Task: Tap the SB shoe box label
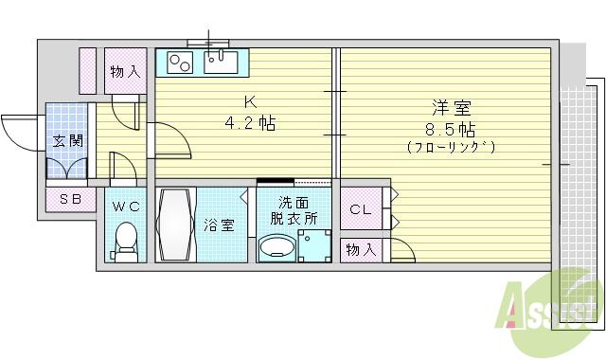(69, 199)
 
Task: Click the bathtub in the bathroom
(175, 225)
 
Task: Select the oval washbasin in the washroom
(276, 249)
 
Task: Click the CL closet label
(360, 209)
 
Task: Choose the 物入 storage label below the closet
(360, 249)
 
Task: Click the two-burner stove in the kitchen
(180, 63)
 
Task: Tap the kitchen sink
(222, 63)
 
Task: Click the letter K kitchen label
(249, 102)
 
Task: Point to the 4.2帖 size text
(249, 123)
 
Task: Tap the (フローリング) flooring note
(450, 148)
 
